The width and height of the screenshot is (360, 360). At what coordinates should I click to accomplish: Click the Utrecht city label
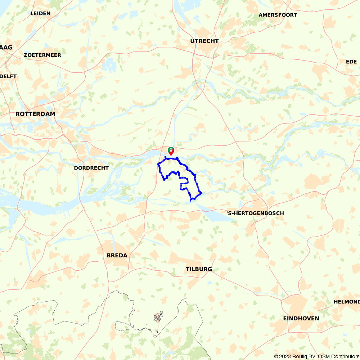pyautogui.click(x=204, y=41)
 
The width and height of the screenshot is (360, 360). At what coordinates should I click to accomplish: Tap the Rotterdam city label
pyautogui.click(x=35, y=114)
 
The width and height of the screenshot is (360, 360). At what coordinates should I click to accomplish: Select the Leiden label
pyautogui.click(x=40, y=13)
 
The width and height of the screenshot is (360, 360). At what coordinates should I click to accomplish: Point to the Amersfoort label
pyautogui.click(x=278, y=15)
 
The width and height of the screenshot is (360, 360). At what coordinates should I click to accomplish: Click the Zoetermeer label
pyautogui.click(x=42, y=55)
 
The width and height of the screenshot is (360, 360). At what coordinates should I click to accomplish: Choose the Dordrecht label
pyautogui.click(x=91, y=168)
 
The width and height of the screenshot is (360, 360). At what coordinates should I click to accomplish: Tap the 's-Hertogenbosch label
pyautogui.click(x=255, y=213)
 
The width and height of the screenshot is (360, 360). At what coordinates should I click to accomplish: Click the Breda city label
pyautogui.click(x=117, y=255)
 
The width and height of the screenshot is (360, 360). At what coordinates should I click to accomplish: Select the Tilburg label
pyautogui.click(x=199, y=269)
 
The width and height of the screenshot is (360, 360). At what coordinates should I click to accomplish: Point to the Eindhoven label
pyautogui.click(x=301, y=318)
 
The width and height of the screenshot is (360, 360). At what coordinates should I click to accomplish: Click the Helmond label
pyautogui.click(x=346, y=302)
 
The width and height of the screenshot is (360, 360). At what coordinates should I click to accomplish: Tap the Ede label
pyautogui.click(x=351, y=62)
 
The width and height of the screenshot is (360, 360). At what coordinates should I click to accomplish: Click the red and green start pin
pyautogui.click(x=171, y=151)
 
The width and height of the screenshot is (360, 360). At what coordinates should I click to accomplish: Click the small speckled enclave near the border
pyautogui.click(x=158, y=317)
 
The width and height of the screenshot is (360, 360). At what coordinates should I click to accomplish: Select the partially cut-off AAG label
pyautogui.click(x=6, y=48)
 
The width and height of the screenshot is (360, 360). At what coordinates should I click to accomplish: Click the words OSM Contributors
pyautogui.click(x=338, y=356)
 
